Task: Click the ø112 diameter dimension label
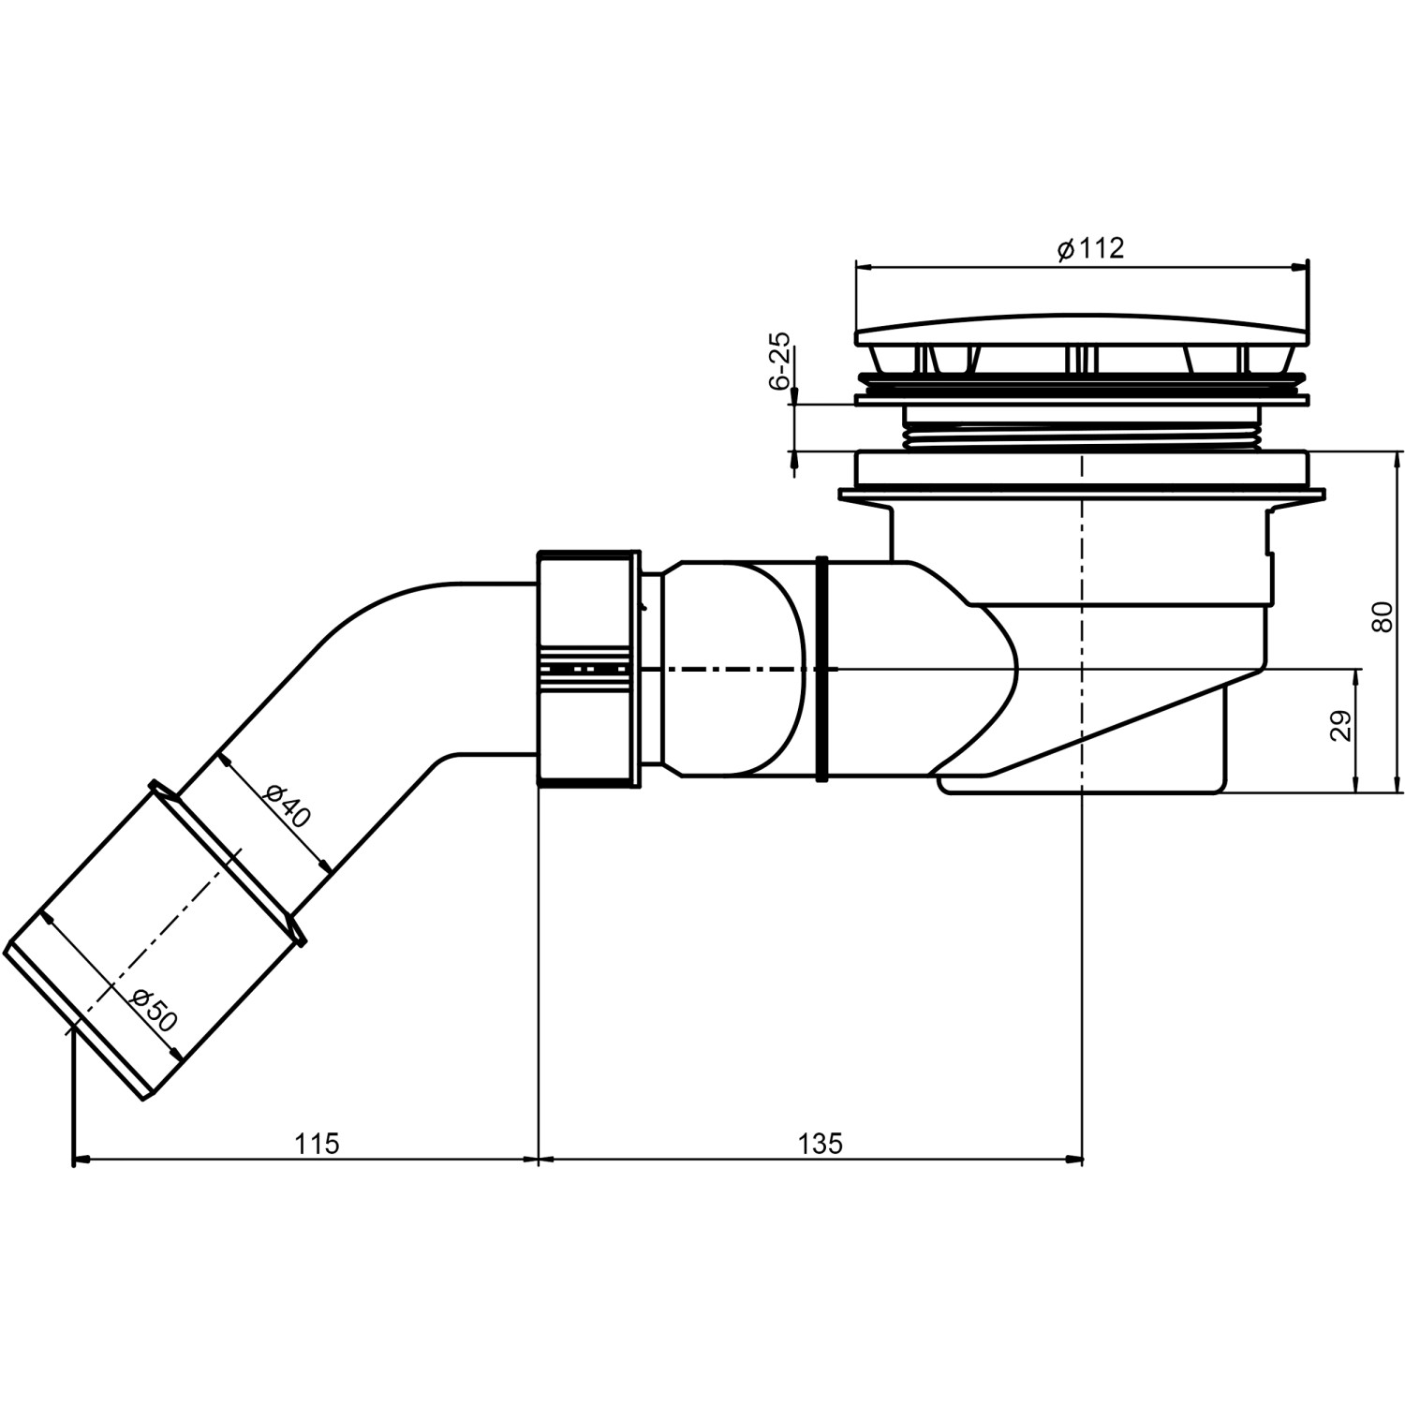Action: (1089, 248)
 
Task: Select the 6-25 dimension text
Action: (779, 361)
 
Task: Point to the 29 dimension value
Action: (1340, 726)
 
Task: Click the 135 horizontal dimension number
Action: (821, 1144)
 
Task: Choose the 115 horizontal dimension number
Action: (317, 1144)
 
